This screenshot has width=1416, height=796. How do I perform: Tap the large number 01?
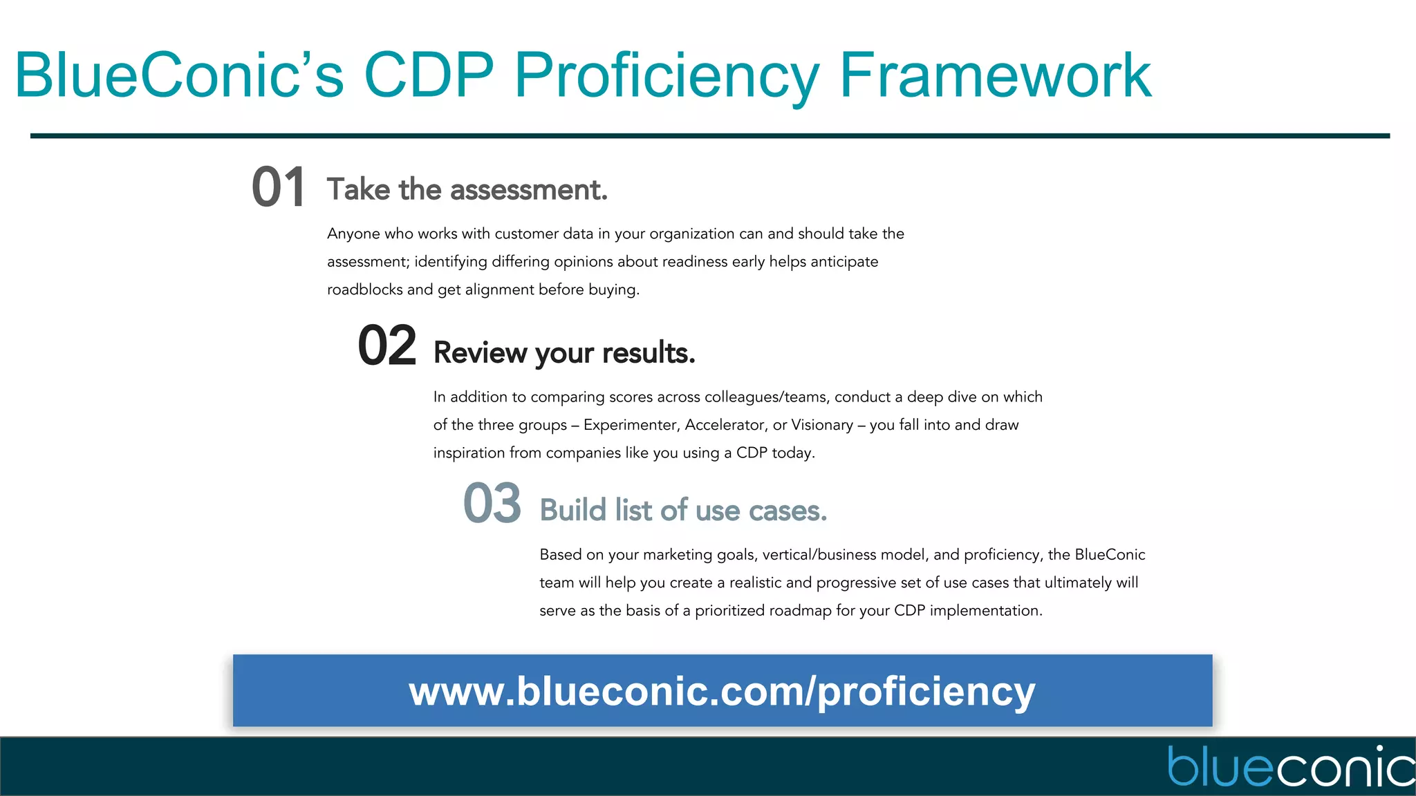[278, 188]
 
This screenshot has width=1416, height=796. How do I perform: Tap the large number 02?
[386, 346]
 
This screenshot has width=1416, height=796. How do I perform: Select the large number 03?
[492, 504]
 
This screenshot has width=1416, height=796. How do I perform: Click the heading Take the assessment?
[467, 189]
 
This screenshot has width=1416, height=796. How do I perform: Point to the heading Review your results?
[563, 353]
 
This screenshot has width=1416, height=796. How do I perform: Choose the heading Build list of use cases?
[683, 511]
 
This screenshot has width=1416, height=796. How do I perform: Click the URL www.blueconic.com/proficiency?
[722, 691]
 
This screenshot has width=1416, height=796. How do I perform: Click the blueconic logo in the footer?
[1290, 767]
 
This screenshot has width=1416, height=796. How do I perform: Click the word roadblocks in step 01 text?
[364, 290]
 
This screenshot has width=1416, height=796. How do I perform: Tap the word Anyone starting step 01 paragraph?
[353, 234]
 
